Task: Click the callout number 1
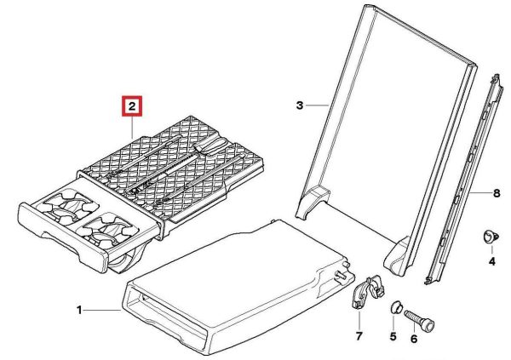(x=79, y=310)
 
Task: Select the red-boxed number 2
(x=132, y=106)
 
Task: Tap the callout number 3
(x=300, y=106)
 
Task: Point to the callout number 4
(x=491, y=261)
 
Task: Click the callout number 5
(x=393, y=336)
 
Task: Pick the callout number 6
(x=414, y=340)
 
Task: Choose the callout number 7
(x=359, y=336)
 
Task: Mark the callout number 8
(x=497, y=193)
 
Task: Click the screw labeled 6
(x=419, y=321)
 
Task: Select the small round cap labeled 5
(x=396, y=307)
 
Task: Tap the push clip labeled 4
(x=490, y=237)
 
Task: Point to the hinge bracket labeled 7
(x=368, y=292)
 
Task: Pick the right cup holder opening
(x=106, y=229)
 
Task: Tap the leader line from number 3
(x=317, y=106)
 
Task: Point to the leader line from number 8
(x=481, y=193)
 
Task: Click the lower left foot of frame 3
(x=313, y=202)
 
